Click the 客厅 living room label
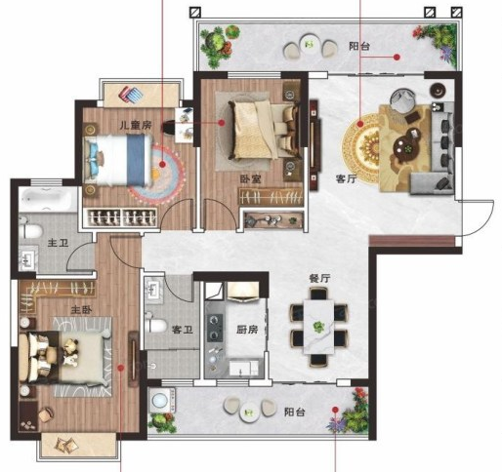click(346, 178)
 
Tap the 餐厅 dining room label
click(319, 279)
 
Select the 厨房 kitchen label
click(247, 330)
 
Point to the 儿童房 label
click(136, 125)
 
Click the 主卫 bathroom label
click(58, 243)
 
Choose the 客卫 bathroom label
click(183, 330)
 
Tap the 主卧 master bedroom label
click(81, 310)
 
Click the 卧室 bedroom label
click(251, 178)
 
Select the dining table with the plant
click(319, 327)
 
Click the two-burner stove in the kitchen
click(215, 328)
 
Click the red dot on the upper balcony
click(397, 58)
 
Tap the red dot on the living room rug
click(360, 124)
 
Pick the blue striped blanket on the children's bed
click(136, 160)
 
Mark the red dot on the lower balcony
click(335, 410)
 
